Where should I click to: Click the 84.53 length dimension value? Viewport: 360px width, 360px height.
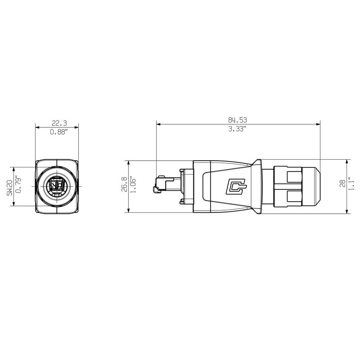click(x=238, y=120)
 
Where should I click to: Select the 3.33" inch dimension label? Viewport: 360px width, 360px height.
click(x=238, y=129)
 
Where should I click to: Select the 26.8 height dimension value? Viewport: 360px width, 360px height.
click(x=124, y=186)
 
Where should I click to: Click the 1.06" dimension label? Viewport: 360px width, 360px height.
click(x=133, y=186)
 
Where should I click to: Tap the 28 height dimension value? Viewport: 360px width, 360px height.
click(x=342, y=183)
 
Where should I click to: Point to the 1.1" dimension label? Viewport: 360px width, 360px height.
click(x=351, y=183)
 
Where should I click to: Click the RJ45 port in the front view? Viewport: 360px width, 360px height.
click(x=57, y=186)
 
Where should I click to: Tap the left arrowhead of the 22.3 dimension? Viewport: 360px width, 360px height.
click(x=37, y=127)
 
